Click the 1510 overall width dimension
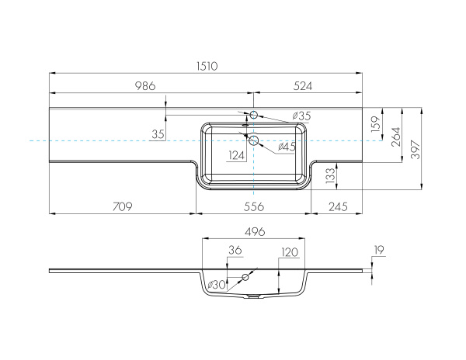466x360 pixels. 207,66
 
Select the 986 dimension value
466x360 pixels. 145,86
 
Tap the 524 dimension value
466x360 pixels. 303,86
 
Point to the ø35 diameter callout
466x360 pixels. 301,116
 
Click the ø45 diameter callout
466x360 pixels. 287,147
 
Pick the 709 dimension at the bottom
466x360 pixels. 122,206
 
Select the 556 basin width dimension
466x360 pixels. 253,206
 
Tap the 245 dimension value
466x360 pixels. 338,206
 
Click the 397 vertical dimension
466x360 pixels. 416,149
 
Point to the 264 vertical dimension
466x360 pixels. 396,137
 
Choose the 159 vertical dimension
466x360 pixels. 376,124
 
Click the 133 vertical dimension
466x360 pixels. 330,175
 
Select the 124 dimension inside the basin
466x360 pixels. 236,155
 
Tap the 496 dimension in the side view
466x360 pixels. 255,231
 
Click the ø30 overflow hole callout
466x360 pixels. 217,285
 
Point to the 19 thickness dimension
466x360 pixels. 379,250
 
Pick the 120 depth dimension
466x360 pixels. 290,252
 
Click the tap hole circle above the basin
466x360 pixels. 253,115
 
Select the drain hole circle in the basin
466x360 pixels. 254,140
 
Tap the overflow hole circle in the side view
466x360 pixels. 245,277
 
